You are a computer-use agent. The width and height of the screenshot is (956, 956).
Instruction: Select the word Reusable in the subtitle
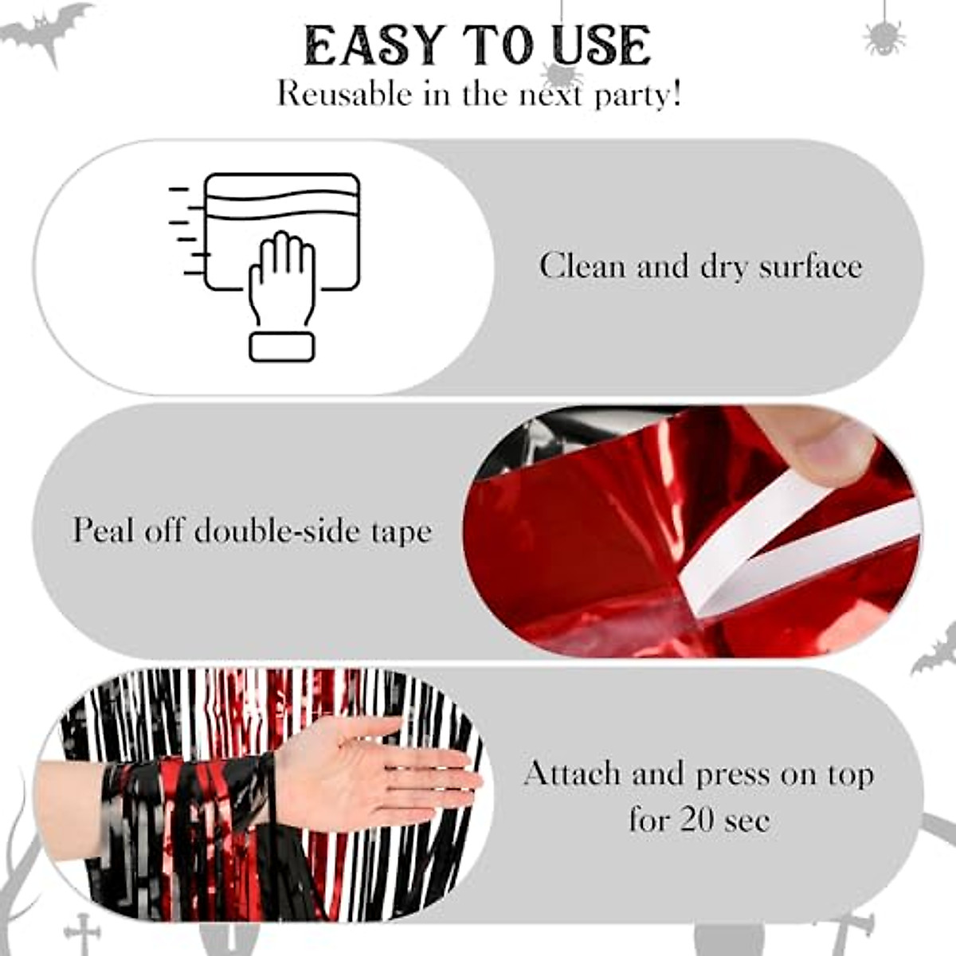click(344, 94)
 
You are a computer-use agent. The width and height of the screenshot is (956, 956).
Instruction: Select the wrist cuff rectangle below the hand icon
click(281, 347)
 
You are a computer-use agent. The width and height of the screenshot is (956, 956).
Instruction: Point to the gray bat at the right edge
click(934, 649)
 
